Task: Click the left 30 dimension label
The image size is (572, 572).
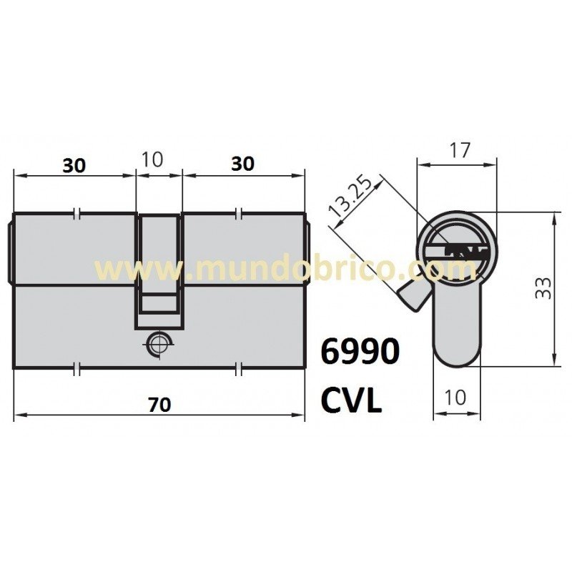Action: pos(74,165)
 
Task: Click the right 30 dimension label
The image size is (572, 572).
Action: pos(243,164)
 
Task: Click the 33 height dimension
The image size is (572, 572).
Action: pos(543,288)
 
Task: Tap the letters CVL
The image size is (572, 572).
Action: pos(350,400)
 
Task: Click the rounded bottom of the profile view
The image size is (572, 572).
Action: pos(458,354)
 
